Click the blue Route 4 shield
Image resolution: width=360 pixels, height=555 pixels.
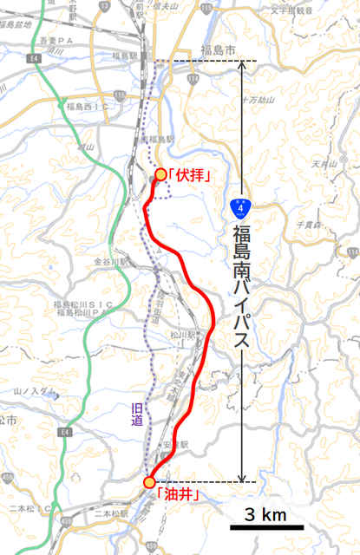240,208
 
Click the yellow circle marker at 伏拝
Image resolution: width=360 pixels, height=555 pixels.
160,174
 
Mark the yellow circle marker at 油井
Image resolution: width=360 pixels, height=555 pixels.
149,482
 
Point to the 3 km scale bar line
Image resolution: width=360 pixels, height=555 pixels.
266,526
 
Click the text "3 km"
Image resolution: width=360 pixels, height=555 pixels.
265,514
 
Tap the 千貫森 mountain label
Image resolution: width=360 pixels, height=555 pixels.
309,224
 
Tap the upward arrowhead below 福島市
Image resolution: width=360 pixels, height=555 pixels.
240,67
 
